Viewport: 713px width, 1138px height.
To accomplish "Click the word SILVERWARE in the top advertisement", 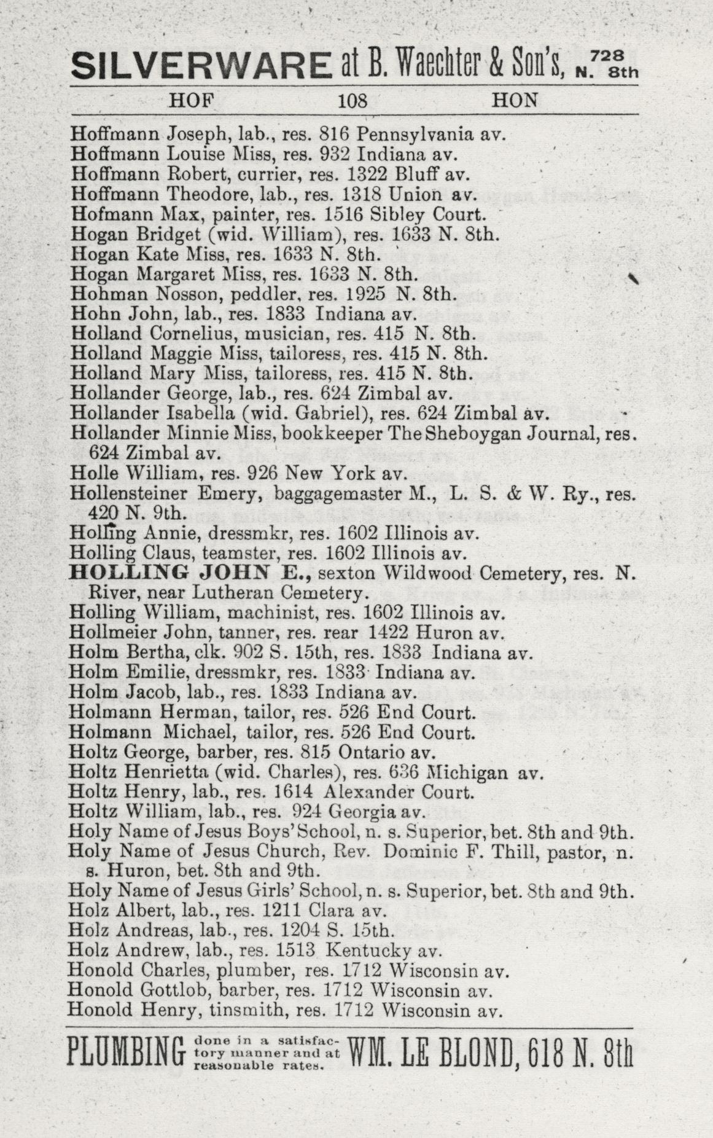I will coord(200,65).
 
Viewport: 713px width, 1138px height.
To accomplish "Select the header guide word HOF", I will coord(189,101).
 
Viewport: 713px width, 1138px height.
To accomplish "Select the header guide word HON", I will coord(515,101).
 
